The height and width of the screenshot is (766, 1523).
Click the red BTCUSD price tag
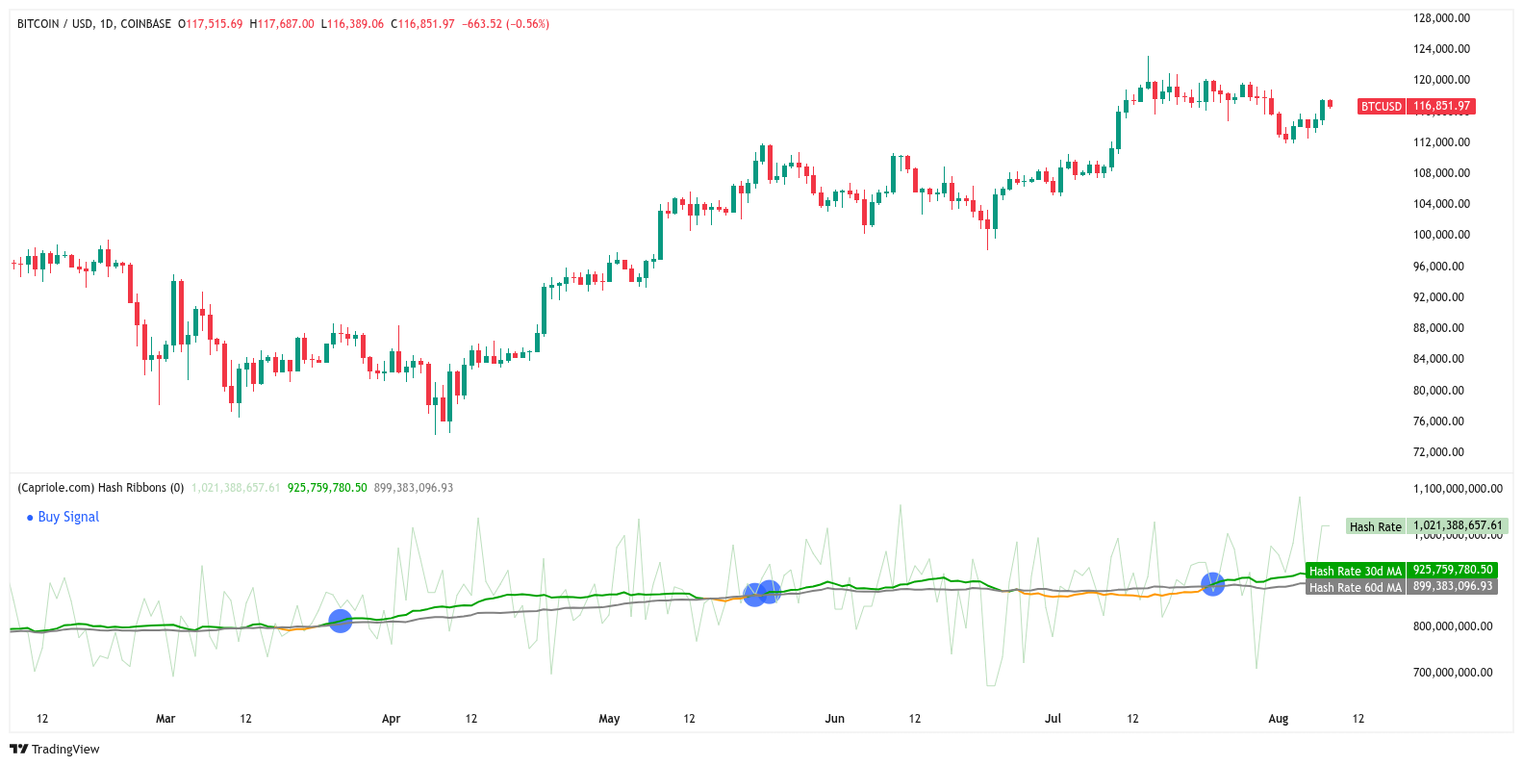(1415, 107)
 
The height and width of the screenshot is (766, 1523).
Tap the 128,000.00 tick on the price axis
(1441, 18)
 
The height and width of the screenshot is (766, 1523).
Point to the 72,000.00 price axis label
(1438, 452)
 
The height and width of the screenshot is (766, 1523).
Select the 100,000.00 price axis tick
(1441, 235)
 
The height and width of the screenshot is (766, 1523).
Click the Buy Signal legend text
(68, 517)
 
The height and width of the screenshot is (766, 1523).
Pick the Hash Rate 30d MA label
(1355, 571)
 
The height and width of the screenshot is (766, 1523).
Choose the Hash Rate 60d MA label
(1355, 587)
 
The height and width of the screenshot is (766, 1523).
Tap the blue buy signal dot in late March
(340, 621)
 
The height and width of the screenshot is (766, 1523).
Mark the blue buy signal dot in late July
(1212, 584)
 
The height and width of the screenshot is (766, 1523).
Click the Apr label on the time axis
(391, 719)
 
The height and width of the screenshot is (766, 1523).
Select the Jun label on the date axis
(834, 719)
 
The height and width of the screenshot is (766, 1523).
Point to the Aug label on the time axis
(1278, 719)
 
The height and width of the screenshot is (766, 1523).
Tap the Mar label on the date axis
(165, 719)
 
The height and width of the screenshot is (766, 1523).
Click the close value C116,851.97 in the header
(422, 24)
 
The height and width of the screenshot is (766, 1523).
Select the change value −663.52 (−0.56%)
(507, 24)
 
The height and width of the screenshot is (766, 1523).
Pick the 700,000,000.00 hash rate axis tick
(1453, 673)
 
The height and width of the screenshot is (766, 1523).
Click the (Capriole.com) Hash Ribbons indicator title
(100, 488)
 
